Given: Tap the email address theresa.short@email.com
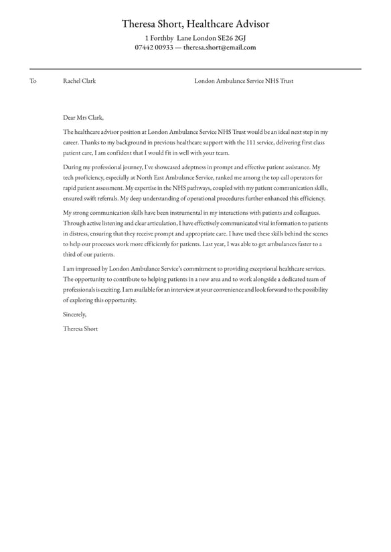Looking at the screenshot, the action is (220, 48).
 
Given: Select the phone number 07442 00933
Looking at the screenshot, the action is (154, 48).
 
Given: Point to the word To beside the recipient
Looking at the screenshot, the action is (33, 81).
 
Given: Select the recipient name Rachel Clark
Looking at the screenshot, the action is (79, 81).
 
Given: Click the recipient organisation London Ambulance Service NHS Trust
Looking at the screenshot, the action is (244, 81).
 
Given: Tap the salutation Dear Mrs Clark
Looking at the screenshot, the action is (83, 117).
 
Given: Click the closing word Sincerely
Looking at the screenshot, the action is (75, 314).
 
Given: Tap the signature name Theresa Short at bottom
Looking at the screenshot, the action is (80, 329).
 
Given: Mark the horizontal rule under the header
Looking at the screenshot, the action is (195, 69).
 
